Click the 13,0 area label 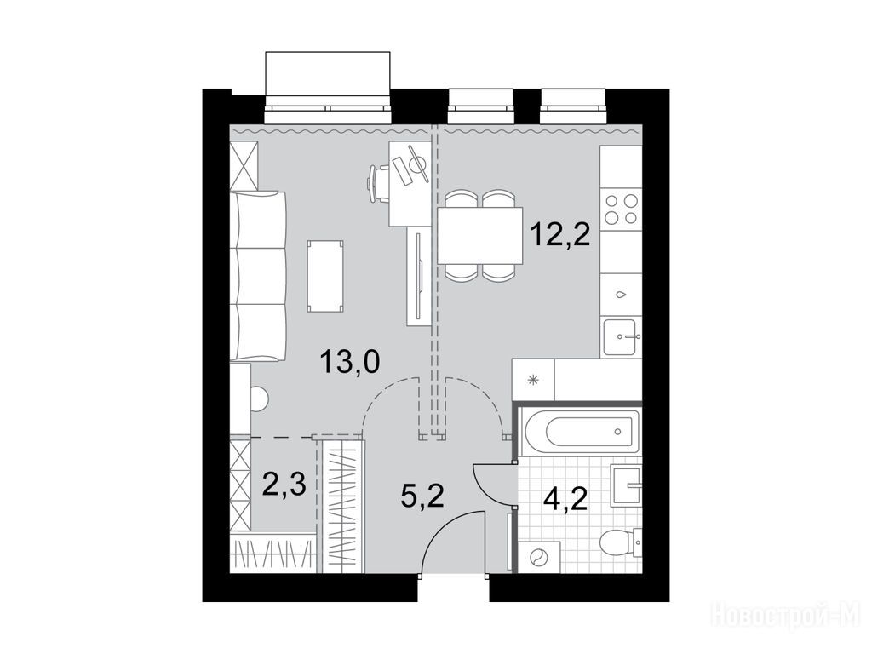(349, 363)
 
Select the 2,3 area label (284, 485)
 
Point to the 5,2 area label (422, 495)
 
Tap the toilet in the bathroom (621, 542)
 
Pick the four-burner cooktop (621, 209)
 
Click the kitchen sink (621, 337)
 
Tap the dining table (480, 235)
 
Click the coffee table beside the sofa (324, 276)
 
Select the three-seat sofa (258, 276)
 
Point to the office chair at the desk (378, 184)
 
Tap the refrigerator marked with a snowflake (533, 380)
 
